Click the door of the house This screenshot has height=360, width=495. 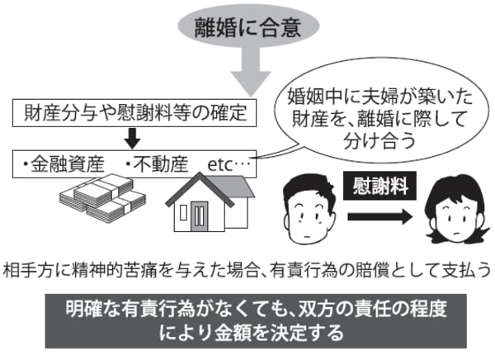tap(200, 216)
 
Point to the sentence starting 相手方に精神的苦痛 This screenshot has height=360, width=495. tap(247, 269)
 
